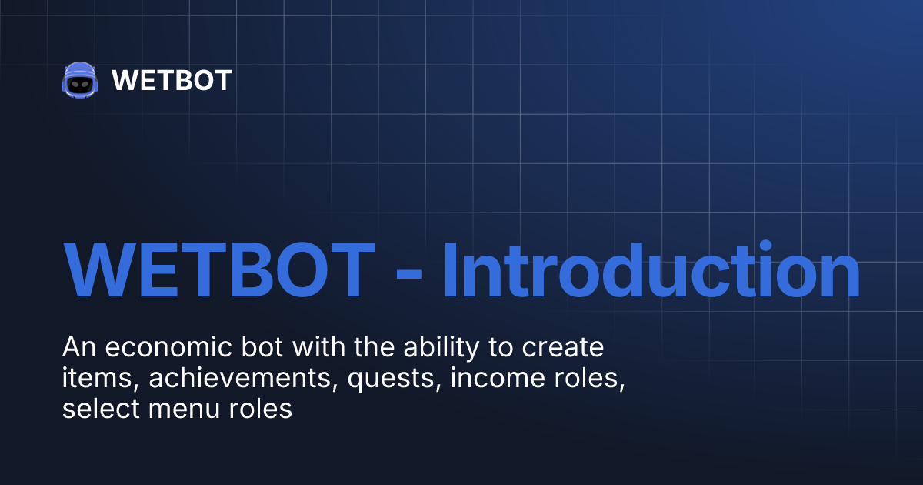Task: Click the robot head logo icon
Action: tap(80, 80)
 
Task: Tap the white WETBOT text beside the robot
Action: tap(172, 80)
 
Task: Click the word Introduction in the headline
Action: tap(651, 272)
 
